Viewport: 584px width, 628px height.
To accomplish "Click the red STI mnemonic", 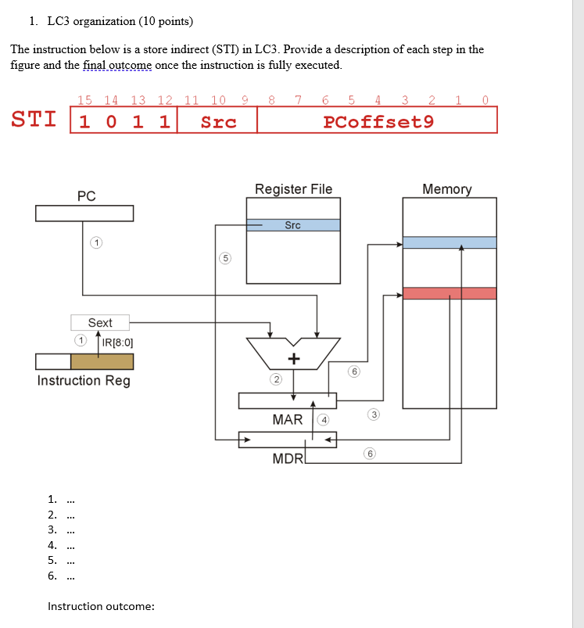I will coord(34,120).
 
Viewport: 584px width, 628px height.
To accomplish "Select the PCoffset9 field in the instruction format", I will coord(378,121).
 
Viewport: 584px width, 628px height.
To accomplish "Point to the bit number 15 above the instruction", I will coord(85,99).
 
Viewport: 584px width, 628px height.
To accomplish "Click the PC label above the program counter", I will coord(86,196).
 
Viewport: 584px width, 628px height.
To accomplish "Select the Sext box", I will coord(100,322).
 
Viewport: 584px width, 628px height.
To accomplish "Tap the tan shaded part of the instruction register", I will coord(102,361).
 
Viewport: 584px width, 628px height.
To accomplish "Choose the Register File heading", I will coord(293,189).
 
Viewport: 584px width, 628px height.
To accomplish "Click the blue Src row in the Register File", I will coord(293,225).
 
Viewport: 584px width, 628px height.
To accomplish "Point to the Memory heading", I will coord(447,189).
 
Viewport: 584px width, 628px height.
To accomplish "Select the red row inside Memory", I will coord(449,293).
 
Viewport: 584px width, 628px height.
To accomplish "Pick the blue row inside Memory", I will coord(449,242).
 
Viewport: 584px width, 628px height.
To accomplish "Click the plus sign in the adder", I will coord(293,359).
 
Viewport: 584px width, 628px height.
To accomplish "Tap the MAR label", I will coord(287,420).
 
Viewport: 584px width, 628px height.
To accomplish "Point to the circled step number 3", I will coord(374,414).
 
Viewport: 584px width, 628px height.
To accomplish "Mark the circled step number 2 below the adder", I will coord(275,379).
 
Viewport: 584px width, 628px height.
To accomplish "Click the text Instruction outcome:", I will coord(101,606).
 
